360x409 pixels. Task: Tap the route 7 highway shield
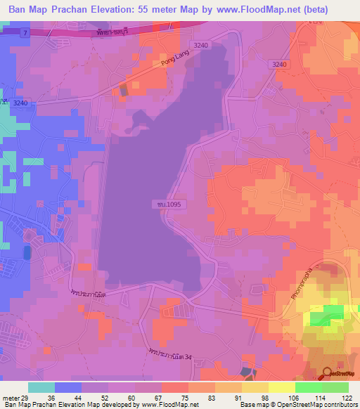[25, 33]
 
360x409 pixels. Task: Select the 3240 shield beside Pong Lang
[201, 45]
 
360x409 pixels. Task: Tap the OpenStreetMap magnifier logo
[327, 375]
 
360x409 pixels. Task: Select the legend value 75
[167, 397]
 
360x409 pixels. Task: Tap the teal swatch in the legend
[41, 387]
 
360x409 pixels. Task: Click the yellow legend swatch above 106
[281, 387]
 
